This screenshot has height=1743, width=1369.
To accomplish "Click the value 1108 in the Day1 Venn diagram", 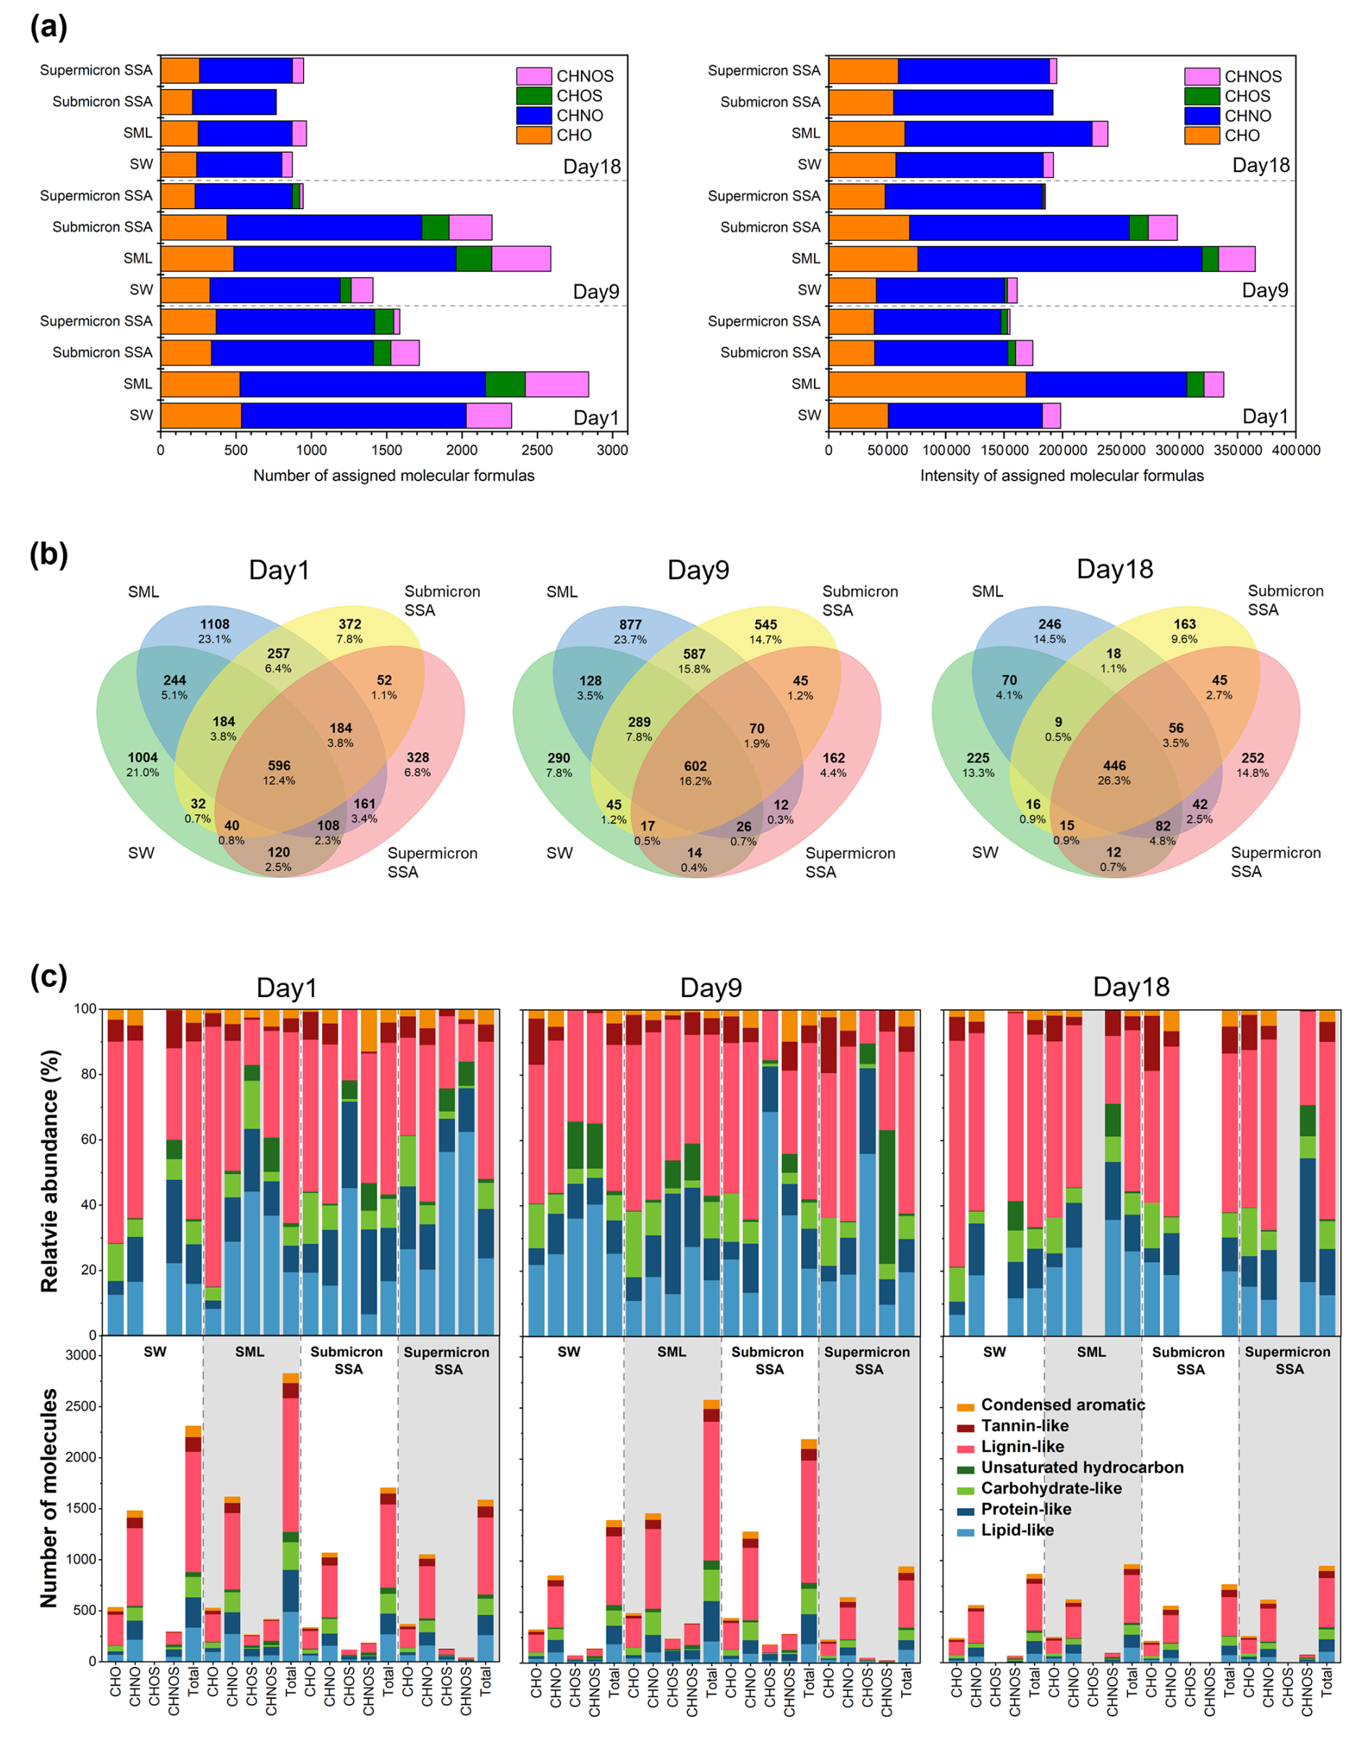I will pyautogui.click(x=215, y=624).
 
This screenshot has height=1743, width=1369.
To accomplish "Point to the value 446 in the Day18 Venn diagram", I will pyautogui.click(x=1114, y=766).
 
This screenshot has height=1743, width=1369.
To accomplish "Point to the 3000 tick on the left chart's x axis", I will pyautogui.click(x=612, y=450).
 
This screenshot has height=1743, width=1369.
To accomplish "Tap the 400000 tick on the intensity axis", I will pyautogui.click(x=1296, y=450).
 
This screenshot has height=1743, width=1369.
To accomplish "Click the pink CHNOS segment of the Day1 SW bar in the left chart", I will pyautogui.click(x=488, y=415).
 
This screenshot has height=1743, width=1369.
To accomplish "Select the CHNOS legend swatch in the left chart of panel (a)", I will pyautogui.click(x=533, y=76).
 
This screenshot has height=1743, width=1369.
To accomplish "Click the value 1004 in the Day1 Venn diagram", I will pyautogui.click(x=143, y=758).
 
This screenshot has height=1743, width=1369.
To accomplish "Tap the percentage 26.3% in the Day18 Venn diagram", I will pyautogui.click(x=1114, y=781).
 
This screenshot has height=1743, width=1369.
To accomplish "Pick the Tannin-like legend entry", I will pyautogui.click(x=1025, y=1425).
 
